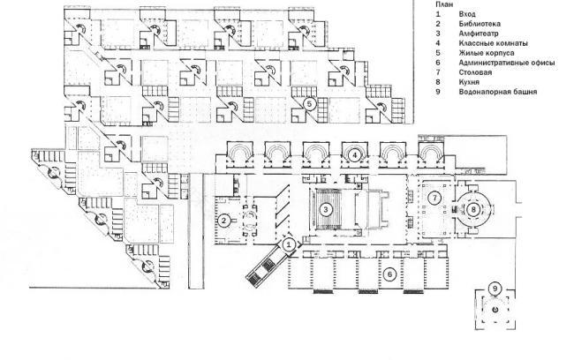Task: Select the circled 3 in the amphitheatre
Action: coord(326,209)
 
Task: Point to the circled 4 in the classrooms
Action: coord(354,154)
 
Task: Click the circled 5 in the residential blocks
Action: coord(309,103)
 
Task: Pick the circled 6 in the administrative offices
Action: coord(389,274)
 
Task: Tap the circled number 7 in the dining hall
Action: coord(434,199)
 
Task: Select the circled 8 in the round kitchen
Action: coord(473,209)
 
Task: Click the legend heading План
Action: coord(442,5)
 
